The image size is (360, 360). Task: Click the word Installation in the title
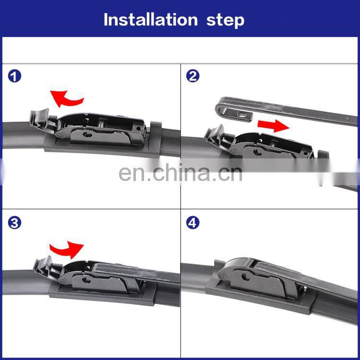tap(151, 20)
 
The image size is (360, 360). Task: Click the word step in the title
tap(225, 21)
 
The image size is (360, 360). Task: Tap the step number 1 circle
tap(14, 76)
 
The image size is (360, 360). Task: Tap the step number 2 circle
tap(192, 76)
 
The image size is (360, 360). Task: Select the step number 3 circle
tap(14, 223)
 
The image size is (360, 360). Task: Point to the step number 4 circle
tap(192, 223)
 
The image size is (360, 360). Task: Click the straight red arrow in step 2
tap(273, 126)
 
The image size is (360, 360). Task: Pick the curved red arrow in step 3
tap(67, 250)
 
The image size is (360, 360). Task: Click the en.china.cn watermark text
tap(180, 173)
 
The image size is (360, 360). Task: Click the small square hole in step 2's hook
tap(241, 114)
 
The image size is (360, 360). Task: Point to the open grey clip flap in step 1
tap(39, 118)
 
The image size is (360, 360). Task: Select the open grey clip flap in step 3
tap(43, 265)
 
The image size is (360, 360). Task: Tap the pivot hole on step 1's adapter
tap(88, 134)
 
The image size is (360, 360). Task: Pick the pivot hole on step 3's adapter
tap(87, 280)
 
